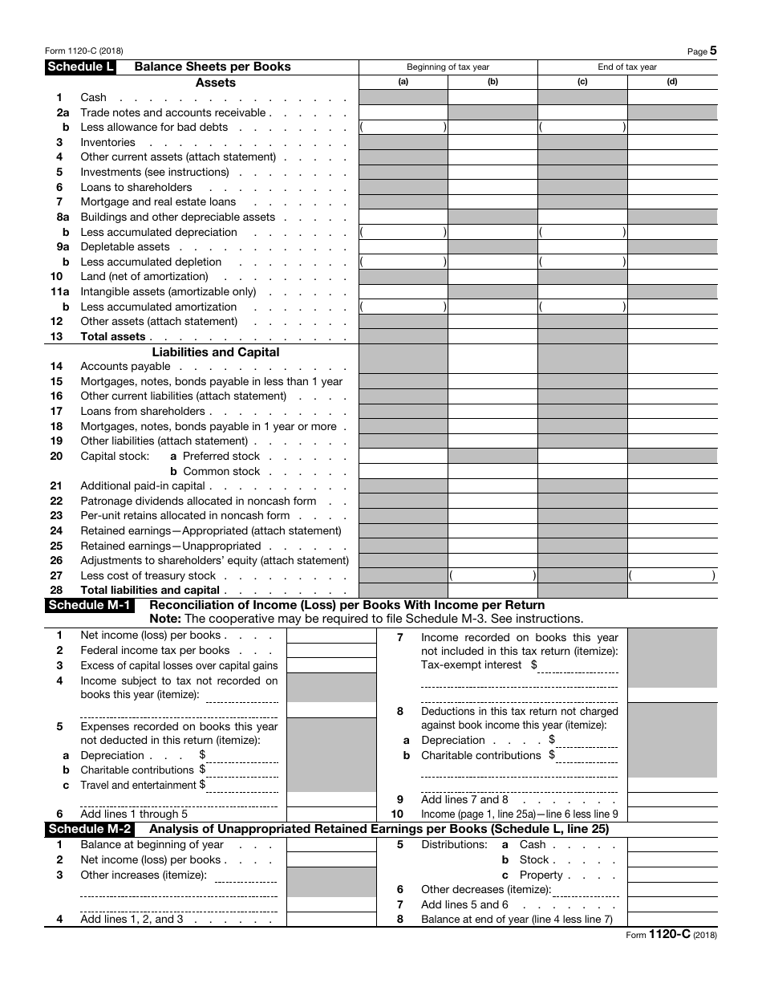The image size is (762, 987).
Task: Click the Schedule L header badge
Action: [x=80, y=67]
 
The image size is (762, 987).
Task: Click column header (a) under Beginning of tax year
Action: [x=403, y=82]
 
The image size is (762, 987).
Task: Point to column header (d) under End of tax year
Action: [x=672, y=82]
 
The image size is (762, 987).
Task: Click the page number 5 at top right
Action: [x=713, y=51]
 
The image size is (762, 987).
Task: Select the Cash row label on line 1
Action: [x=93, y=98]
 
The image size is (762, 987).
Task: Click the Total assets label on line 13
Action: [x=113, y=337]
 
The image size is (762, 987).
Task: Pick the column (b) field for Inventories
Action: [x=492, y=143]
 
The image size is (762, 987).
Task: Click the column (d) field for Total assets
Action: [x=672, y=337]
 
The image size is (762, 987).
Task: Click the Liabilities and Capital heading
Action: [x=216, y=352]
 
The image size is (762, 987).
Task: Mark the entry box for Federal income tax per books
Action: [x=330, y=651]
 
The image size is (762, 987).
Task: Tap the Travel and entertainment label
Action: [x=138, y=786]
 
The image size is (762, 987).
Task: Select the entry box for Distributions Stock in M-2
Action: [x=672, y=860]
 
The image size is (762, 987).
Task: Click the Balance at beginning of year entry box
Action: [x=330, y=845]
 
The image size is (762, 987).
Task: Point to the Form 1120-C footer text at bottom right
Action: [x=671, y=935]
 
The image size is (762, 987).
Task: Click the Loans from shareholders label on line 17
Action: [x=143, y=412]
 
